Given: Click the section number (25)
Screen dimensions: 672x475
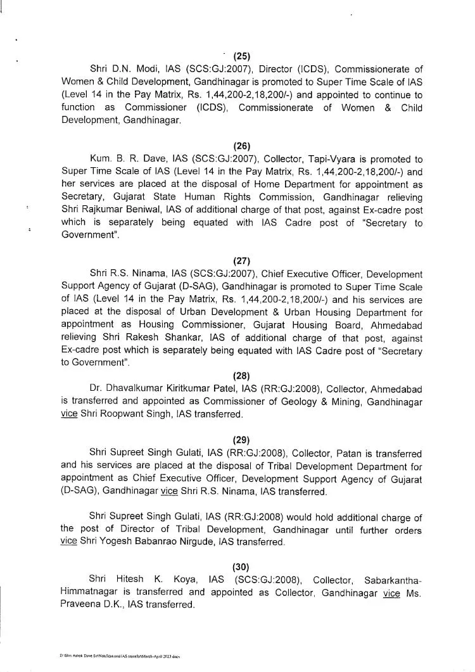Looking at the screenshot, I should click(x=241, y=56).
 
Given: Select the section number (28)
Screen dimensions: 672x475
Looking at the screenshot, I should click(x=241, y=376).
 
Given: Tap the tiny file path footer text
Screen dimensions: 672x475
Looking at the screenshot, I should click(x=120, y=657).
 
